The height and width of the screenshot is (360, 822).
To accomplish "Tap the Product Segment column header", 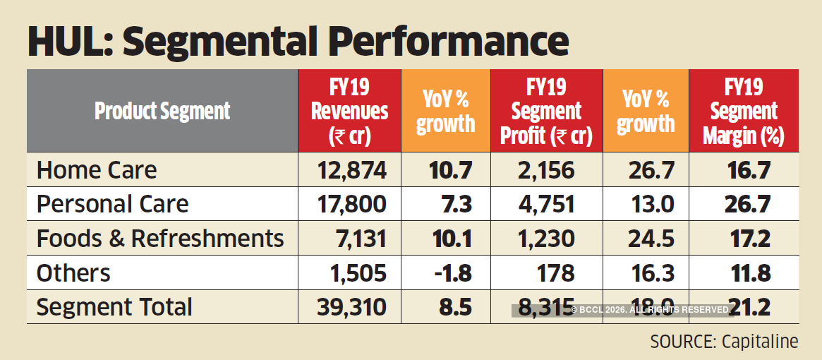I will pos(162,112).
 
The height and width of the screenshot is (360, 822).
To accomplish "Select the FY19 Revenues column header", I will pos(349,112).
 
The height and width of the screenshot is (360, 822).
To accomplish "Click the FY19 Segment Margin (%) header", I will pos(744,112).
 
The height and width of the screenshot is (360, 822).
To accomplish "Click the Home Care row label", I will pos(97,170).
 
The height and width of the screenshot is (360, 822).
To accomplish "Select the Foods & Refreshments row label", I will pos(160,239).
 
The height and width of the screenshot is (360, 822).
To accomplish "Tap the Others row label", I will pos(73,273).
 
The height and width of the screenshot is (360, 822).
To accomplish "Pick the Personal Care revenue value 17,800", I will pos(351,205).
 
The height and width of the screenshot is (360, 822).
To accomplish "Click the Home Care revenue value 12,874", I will pos(351,170).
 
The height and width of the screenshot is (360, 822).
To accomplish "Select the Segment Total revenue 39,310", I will pos(351,307).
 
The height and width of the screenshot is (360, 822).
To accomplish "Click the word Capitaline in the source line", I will pos(760,342).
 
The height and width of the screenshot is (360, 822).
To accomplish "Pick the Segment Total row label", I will pos(114,307).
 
